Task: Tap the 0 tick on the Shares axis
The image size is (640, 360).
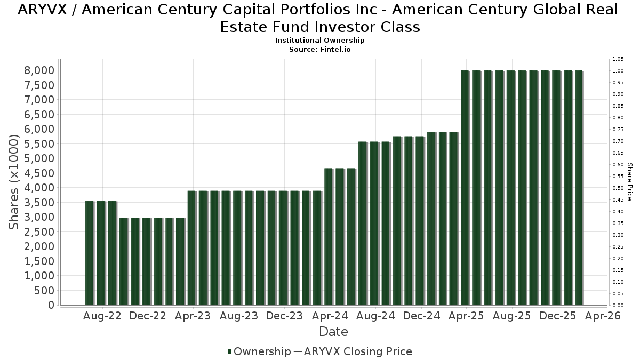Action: pos(51,305)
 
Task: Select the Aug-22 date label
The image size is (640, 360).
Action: pos(102,316)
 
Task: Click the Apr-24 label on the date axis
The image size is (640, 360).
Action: pos(330,316)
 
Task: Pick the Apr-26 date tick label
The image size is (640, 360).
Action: pos(603,316)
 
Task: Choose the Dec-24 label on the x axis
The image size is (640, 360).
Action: pos(421,316)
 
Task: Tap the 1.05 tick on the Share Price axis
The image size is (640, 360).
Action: pos(618,59)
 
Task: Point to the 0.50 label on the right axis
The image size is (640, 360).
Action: pos(618,188)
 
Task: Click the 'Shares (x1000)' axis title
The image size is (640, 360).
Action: pos(14,182)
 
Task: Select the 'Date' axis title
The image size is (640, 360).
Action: pos(333,332)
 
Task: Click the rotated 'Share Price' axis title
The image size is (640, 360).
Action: pos(630,182)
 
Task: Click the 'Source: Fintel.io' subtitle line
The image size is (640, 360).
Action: pos(320,49)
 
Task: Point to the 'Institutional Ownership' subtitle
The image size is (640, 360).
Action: pos(320,41)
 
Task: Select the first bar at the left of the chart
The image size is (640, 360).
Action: pos(89,253)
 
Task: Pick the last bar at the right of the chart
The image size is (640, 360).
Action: pos(579,188)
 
